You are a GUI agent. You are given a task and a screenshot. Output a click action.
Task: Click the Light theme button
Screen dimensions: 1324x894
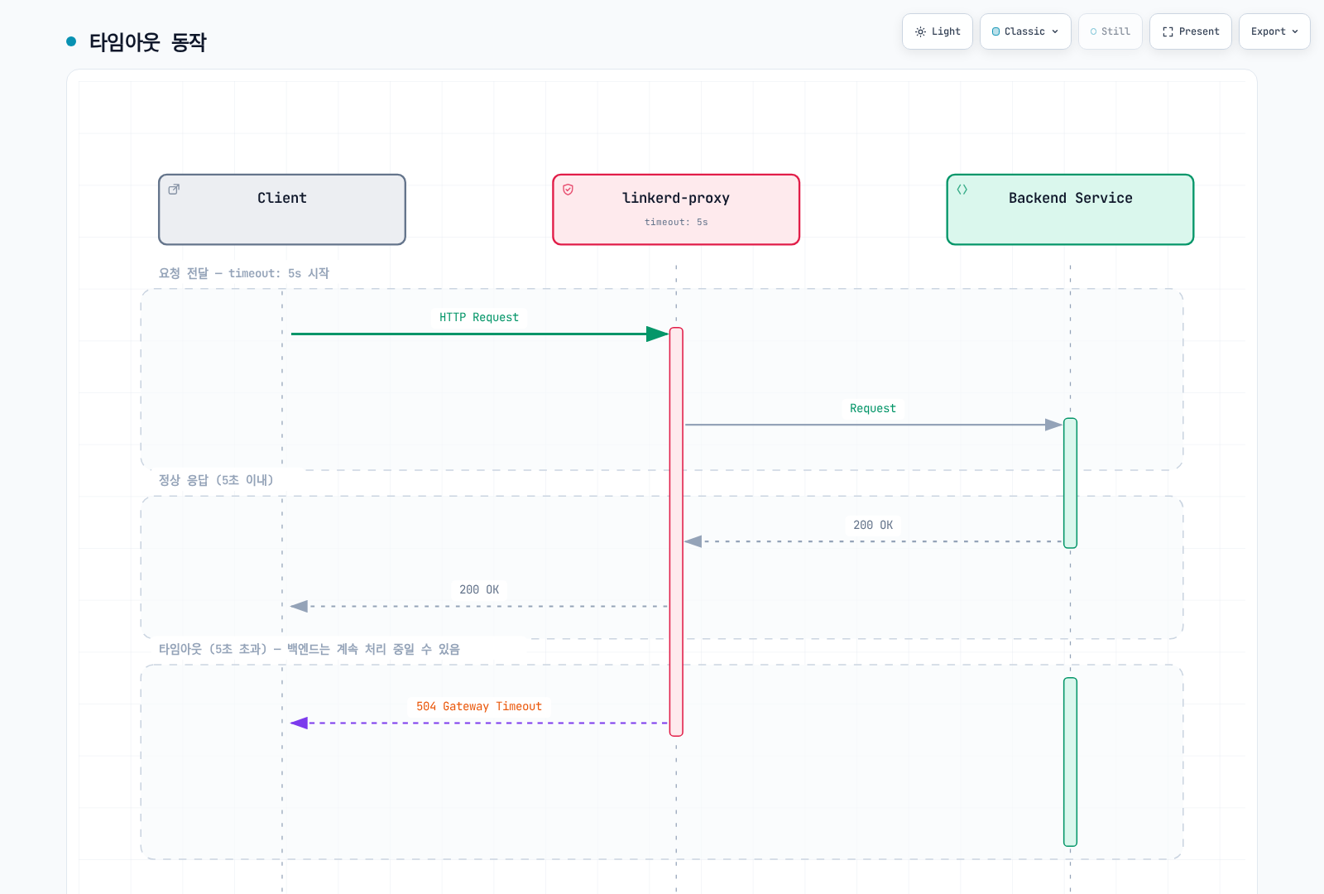pyautogui.click(x=937, y=31)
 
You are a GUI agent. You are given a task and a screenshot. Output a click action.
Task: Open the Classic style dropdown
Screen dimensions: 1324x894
pyautogui.click(x=1025, y=31)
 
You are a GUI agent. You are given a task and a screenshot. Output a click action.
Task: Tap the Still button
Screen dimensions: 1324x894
pyautogui.click(x=1110, y=31)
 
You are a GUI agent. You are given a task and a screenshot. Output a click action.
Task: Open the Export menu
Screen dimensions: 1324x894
pyautogui.click(x=1274, y=31)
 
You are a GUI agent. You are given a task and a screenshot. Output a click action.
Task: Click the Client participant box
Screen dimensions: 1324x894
pyautogui.click(x=282, y=209)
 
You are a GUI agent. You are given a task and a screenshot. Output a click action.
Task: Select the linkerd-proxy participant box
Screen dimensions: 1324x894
pyautogui.click(x=676, y=209)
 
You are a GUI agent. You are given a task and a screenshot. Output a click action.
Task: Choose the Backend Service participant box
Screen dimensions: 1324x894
pyautogui.click(x=1070, y=209)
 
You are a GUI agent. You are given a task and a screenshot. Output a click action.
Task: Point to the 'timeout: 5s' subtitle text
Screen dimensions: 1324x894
pyautogui.click(x=676, y=223)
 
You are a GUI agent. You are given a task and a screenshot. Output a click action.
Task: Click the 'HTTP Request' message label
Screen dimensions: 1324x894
pyautogui.click(x=479, y=318)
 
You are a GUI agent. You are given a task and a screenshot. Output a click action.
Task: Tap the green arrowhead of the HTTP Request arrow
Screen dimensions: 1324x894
pyautogui.click(x=658, y=334)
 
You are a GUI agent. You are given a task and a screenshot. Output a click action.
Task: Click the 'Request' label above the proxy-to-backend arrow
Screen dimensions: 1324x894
pyautogui.click(x=872, y=409)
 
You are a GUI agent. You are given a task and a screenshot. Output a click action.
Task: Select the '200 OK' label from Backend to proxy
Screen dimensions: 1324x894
pyautogui.click(x=872, y=525)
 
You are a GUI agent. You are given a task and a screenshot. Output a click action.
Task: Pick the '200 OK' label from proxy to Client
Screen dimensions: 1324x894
pyautogui.click(x=479, y=590)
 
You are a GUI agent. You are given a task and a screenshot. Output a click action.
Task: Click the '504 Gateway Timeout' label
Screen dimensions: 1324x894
pyautogui.click(x=479, y=707)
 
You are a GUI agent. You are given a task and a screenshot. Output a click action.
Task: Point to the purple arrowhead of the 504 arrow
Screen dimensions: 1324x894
pyautogui.click(x=299, y=723)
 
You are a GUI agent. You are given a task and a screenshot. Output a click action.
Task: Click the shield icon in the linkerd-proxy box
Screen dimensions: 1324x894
pyautogui.click(x=568, y=190)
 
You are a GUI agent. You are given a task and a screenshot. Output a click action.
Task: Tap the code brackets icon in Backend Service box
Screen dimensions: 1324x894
pyautogui.click(x=962, y=190)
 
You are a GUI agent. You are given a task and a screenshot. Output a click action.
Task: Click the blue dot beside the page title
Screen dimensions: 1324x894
pyautogui.click(x=71, y=41)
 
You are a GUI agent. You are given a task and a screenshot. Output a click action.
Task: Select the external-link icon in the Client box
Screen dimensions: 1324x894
pyautogui.click(x=174, y=190)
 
